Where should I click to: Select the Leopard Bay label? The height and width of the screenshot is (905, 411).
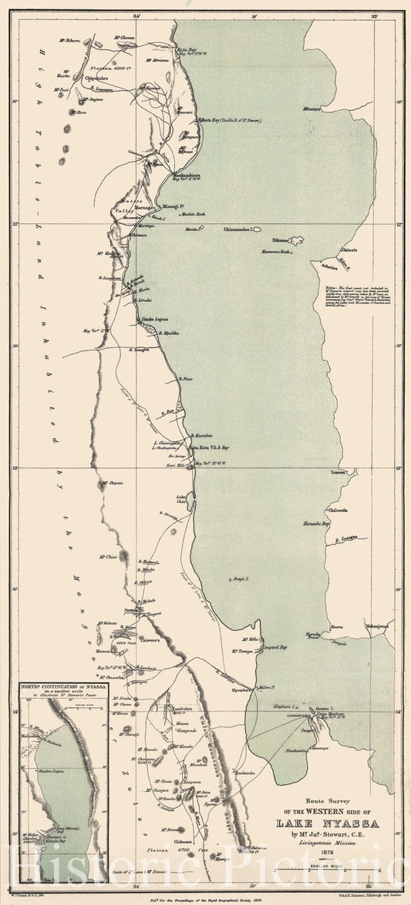(274, 648)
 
